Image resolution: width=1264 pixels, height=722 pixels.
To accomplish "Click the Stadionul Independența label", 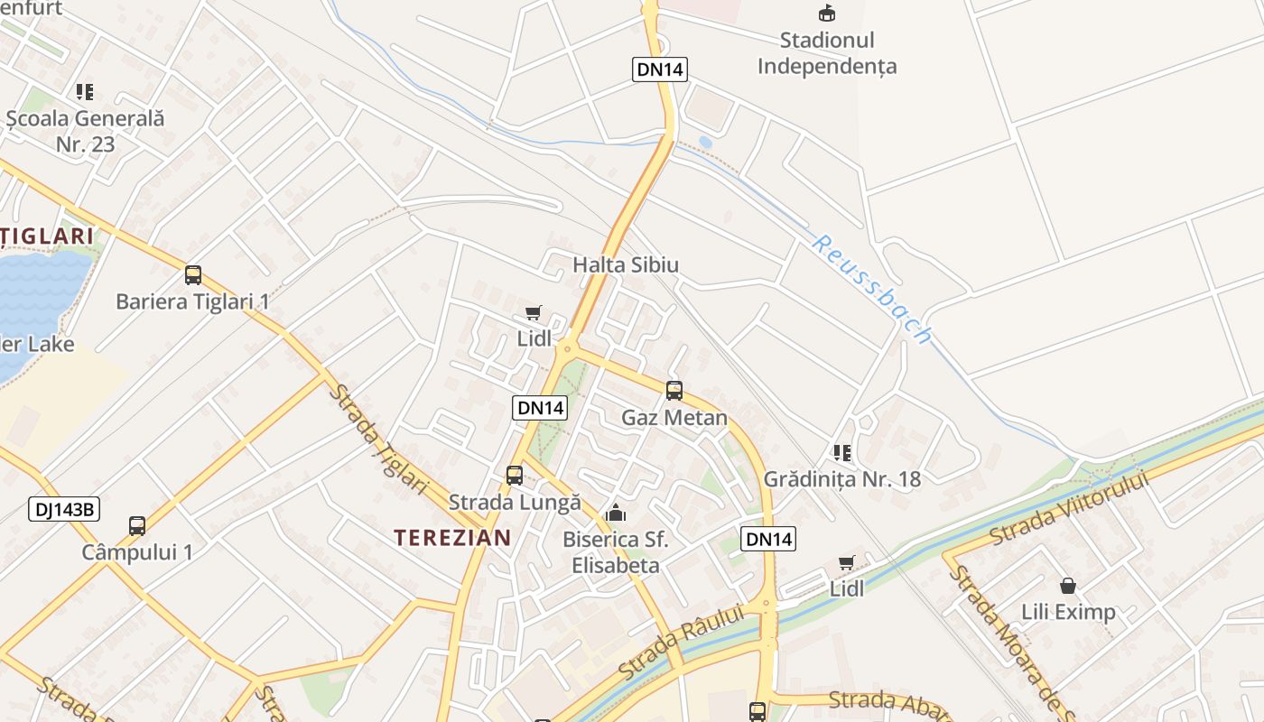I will (x=827, y=53).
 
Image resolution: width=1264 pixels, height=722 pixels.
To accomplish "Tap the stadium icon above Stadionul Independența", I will (x=827, y=13).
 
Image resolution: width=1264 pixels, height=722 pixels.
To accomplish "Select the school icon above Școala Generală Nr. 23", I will (x=85, y=91).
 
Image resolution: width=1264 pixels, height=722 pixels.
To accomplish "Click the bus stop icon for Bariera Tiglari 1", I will (x=193, y=275).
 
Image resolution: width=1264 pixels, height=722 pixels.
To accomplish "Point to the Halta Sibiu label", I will (x=626, y=264).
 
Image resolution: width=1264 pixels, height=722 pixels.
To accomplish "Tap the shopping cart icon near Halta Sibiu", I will (x=534, y=313).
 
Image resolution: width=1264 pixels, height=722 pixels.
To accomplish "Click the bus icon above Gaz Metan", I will (x=674, y=391).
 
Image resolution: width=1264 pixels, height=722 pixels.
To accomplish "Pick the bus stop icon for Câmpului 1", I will (x=137, y=525).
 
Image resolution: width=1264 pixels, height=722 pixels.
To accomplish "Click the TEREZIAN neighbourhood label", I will (x=452, y=538).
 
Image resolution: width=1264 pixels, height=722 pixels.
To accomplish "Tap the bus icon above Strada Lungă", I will (x=515, y=475).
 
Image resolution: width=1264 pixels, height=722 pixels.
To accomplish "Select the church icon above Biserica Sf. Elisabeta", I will (x=616, y=514).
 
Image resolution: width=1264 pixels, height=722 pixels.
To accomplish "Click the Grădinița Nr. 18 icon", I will (x=842, y=452).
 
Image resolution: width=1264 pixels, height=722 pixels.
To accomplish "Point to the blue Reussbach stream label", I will (x=871, y=289).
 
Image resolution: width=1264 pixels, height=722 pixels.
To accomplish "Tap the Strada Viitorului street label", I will (x=1069, y=507).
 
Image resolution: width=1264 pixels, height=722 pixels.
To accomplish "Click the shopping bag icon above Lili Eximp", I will (x=1068, y=586).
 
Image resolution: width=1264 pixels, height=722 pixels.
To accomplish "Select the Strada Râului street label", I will (x=681, y=642).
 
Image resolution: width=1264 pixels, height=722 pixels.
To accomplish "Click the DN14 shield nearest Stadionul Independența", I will (x=660, y=69).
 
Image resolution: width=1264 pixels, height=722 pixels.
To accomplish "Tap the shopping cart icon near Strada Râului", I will (x=847, y=563).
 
